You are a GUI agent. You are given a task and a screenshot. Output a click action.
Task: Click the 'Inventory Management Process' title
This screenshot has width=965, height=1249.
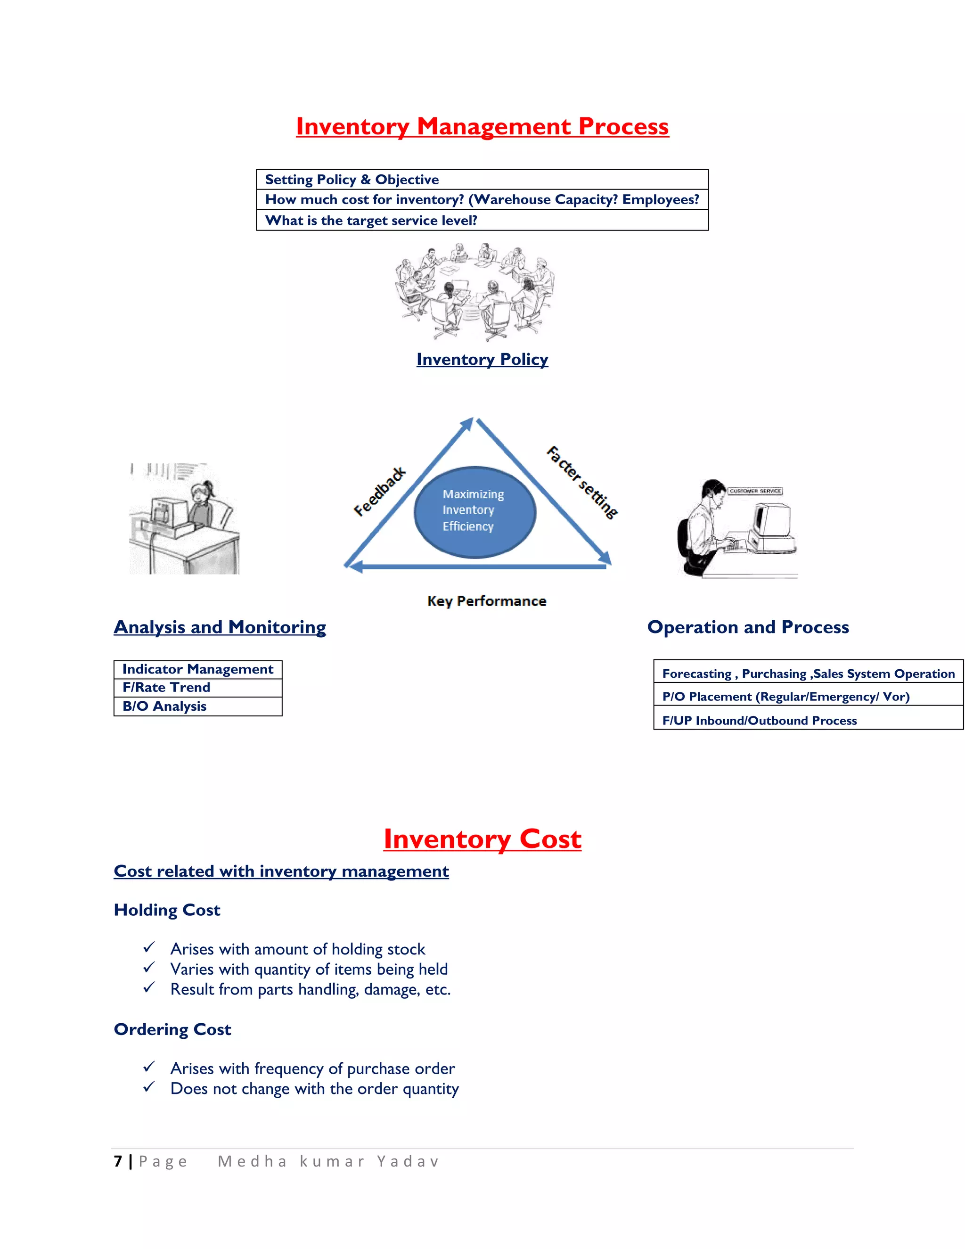tap(482, 126)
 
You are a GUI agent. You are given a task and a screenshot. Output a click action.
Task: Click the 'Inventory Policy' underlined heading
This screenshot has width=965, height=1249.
tap(482, 359)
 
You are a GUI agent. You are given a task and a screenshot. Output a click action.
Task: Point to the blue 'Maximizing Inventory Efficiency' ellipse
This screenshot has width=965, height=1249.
tap(474, 512)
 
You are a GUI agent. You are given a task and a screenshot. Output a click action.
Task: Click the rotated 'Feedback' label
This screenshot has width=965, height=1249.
tap(379, 491)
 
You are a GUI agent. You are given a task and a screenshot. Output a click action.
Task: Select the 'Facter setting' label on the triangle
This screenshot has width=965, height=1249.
tap(582, 482)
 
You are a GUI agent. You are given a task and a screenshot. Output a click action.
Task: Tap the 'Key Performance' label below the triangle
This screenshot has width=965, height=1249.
tap(486, 601)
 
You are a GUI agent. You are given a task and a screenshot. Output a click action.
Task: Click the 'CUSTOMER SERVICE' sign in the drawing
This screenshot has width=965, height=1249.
tap(755, 491)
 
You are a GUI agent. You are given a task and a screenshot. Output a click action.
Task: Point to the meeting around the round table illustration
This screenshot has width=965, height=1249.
tap(474, 292)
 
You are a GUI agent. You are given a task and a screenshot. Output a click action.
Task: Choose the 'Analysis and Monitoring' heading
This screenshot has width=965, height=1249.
tap(220, 627)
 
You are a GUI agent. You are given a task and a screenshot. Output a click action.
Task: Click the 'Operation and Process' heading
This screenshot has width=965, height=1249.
tap(748, 627)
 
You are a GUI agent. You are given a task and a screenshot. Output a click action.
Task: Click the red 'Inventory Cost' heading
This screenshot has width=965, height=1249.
tap(482, 839)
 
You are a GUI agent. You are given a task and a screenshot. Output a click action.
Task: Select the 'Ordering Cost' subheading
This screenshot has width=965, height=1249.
tap(172, 1029)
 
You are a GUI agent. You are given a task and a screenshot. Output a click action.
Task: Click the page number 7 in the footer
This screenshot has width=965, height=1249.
tap(118, 1161)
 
